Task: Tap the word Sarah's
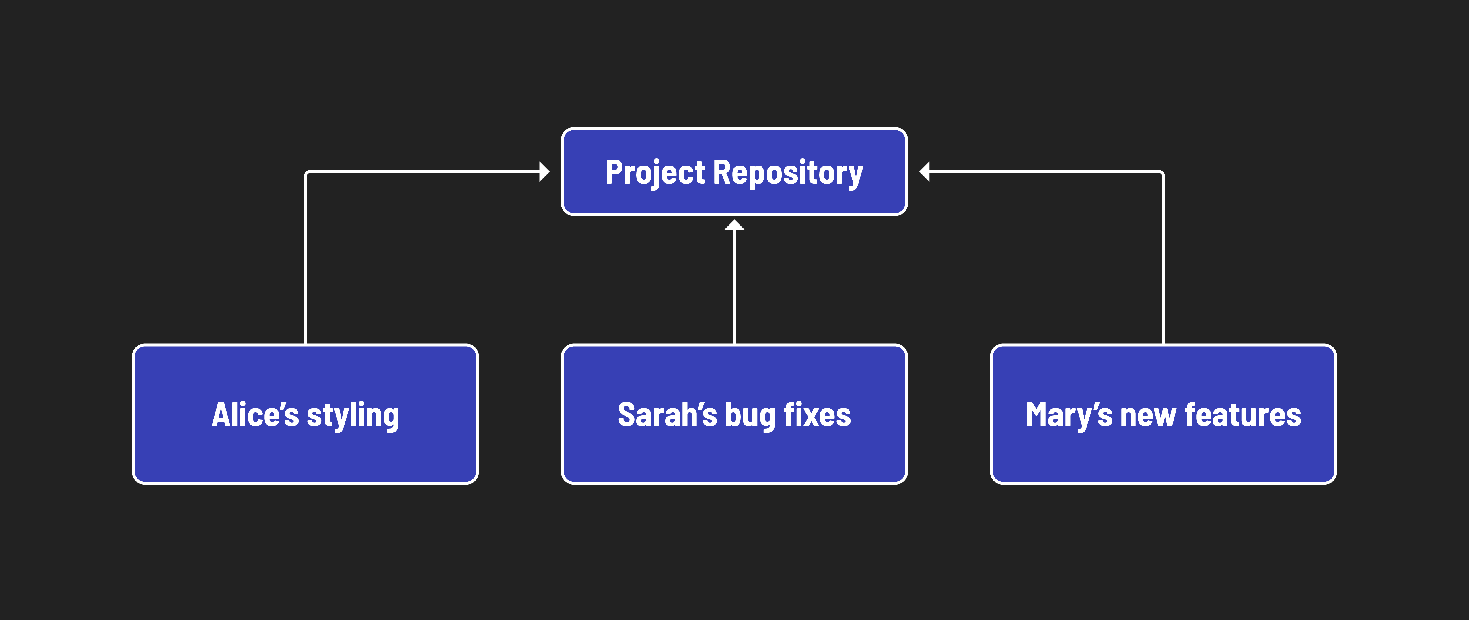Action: tap(667, 415)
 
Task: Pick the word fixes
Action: tap(817, 415)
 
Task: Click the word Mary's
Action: tap(1069, 415)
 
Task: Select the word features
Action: tap(1243, 415)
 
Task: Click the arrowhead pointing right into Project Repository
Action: tap(544, 171)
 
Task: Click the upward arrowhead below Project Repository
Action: tap(734, 225)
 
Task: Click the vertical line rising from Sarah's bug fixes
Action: tap(734, 285)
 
